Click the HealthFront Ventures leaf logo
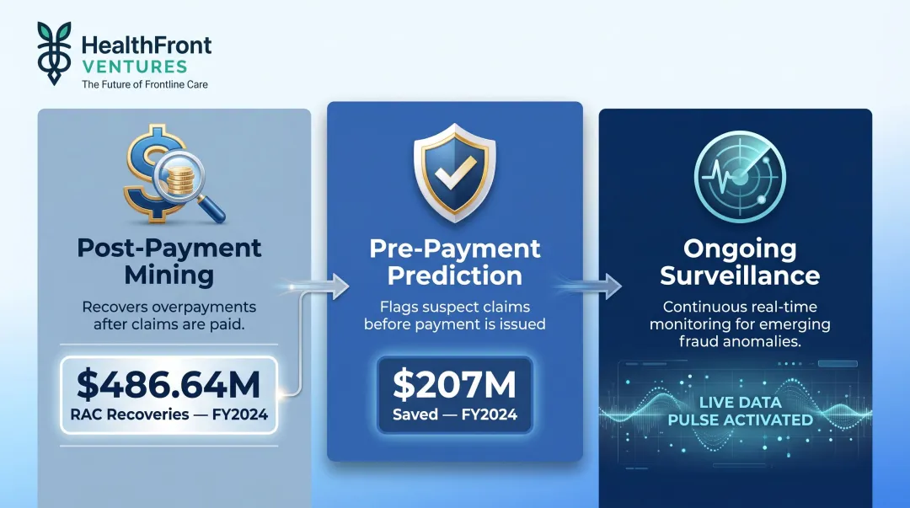[55, 52]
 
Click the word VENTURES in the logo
[135, 66]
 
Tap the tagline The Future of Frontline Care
[144, 84]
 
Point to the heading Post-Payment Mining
[169, 261]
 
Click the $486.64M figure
[169, 384]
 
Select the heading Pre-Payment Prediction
[455, 262]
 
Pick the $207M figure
[454, 384]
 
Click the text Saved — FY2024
[454, 414]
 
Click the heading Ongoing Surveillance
[741, 263]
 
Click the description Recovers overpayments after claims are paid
[169, 316]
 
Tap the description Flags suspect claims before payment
[454, 314]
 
